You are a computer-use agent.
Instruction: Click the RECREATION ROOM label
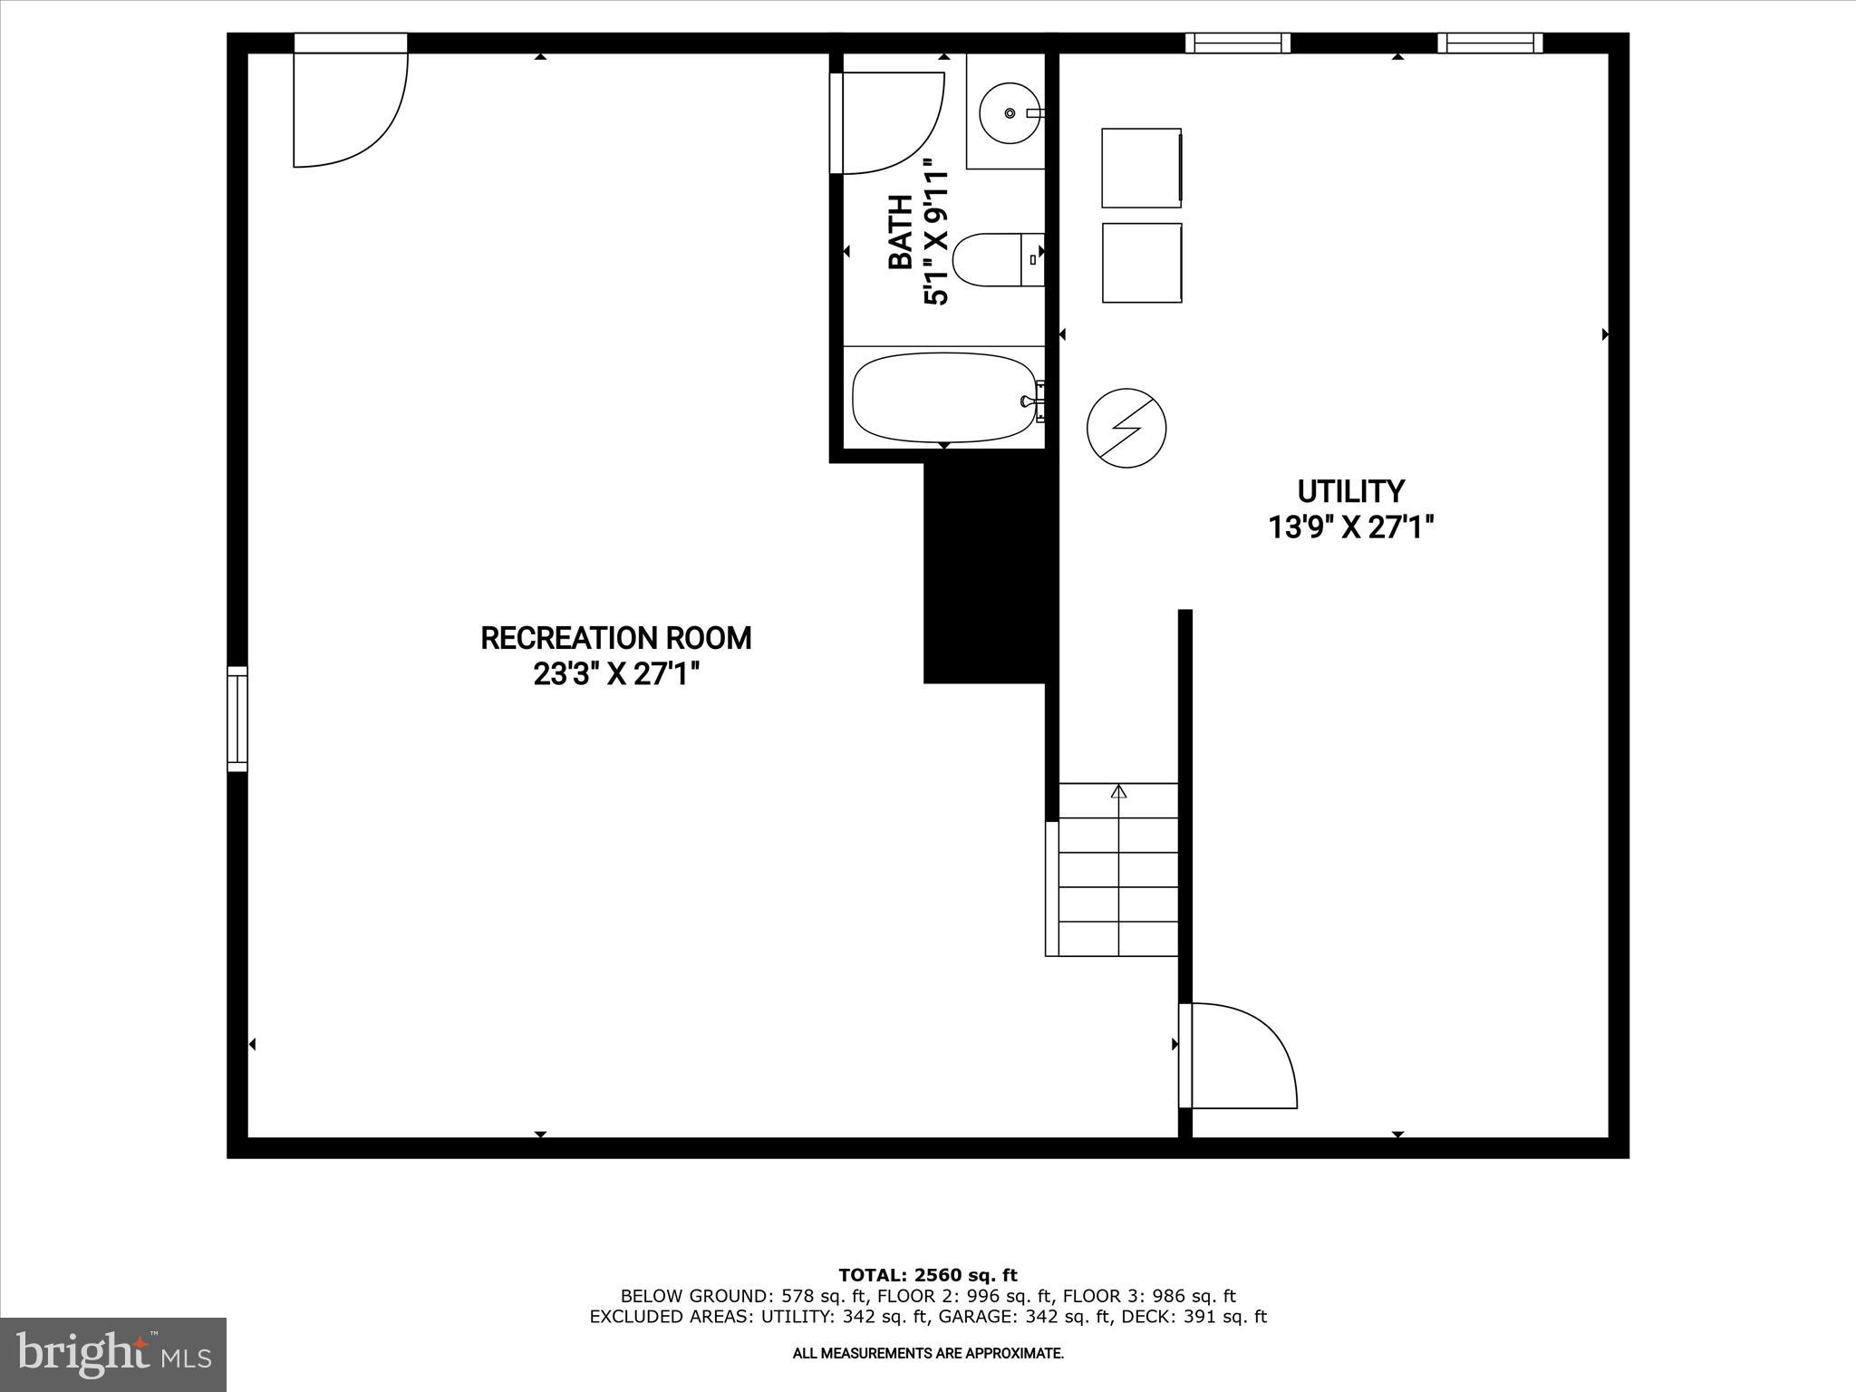pyautogui.click(x=615, y=638)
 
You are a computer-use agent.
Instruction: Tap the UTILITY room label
pyautogui.click(x=1350, y=491)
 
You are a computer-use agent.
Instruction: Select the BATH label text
pyautogui.click(x=900, y=232)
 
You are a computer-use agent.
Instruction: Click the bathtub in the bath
pyautogui.click(x=943, y=396)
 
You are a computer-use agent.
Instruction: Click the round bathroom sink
pyautogui.click(x=1010, y=113)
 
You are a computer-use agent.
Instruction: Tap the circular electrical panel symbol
pyautogui.click(x=1126, y=429)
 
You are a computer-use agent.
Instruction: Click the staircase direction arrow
pyautogui.click(x=1118, y=792)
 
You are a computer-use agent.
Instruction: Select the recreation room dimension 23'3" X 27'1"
pyautogui.click(x=616, y=674)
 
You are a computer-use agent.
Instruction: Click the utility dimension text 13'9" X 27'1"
pyautogui.click(x=1350, y=527)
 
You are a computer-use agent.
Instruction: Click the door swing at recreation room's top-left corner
pyautogui.click(x=349, y=109)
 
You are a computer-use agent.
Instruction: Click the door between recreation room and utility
pyautogui.click(x=1237, y=1055)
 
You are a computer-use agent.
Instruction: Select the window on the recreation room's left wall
pyautogui.click(x=237, y=719)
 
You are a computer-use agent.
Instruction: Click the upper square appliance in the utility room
pyautogui.click(x=1141, y=168)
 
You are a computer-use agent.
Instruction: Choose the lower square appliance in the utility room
pyautogui.click(x=1142, y=263)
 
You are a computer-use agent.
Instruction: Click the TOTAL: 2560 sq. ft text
pyautogui.click(x=928, y=1276)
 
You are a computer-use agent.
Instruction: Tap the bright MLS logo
pyautogui.click(x=113, y=1354)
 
